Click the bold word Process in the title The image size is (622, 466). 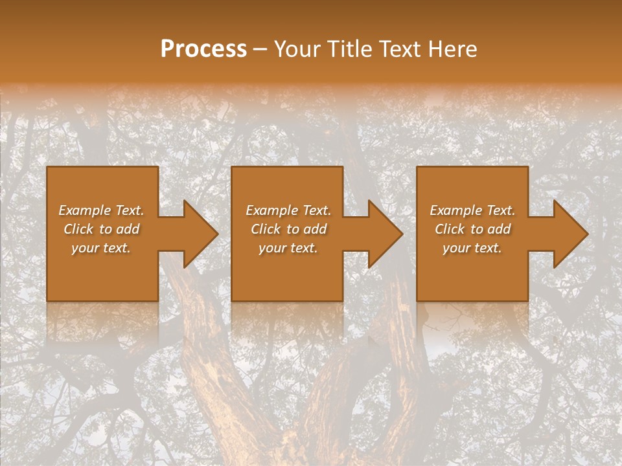[x=203, y=49]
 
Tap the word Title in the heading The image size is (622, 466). [x=348, y=49]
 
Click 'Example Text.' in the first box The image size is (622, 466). [x=101, y=210]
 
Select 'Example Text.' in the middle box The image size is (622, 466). [x=288, y=210]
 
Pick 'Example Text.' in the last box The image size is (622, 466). [x=472, y=210]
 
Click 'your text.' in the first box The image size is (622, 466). [x=101, y=248]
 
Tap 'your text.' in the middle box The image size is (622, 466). [x=288, y=248]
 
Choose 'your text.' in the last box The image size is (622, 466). [x=472, y=248]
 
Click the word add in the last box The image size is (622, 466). [x=500, y=229]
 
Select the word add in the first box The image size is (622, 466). [x=128, y=229]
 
